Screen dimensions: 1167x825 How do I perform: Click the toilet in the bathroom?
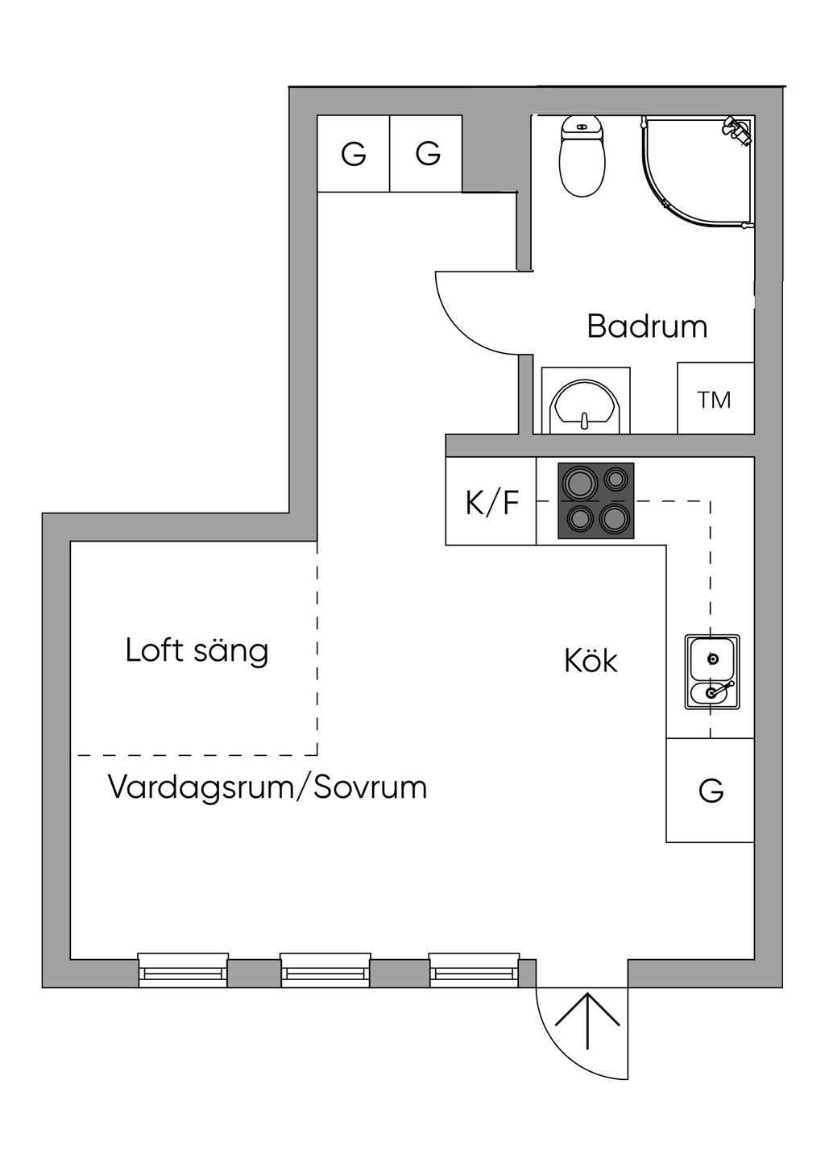582,157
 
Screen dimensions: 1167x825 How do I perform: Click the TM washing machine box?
715,399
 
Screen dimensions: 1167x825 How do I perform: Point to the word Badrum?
647,326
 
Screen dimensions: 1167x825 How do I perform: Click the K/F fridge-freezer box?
491,502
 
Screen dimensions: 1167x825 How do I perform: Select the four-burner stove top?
596,500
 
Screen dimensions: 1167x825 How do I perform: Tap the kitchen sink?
712,672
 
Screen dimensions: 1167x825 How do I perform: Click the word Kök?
591,661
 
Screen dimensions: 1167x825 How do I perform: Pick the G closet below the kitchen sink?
711,791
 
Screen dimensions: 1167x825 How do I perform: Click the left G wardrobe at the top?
353,153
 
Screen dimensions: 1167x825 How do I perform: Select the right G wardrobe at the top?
427,153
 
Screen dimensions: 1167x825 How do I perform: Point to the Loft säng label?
197,650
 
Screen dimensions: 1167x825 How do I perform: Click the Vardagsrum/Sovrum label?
267,787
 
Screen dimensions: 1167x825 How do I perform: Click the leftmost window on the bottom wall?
183,970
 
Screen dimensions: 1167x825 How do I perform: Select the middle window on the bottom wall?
325,970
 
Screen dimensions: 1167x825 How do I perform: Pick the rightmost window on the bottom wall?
474,970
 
